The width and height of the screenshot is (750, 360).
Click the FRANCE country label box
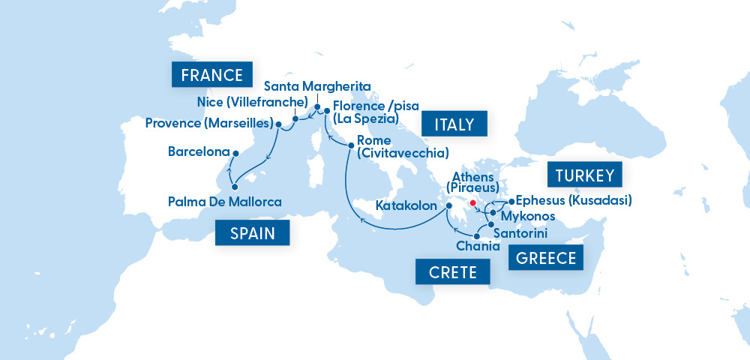tap(211, 75)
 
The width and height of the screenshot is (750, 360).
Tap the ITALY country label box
tap(454, 124)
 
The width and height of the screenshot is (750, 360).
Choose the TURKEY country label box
tap(586, 176)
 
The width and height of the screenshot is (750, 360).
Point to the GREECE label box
tap(546, 258)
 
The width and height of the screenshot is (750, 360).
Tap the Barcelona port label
tap(198, 152)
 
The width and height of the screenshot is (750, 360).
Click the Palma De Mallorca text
tap(224, 202)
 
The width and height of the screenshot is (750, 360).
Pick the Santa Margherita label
tap(317, 87)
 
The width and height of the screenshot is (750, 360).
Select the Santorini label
tap(522, 234)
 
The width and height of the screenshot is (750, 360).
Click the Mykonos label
tap(527, 217)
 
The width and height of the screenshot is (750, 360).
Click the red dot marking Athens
tap(472, 203)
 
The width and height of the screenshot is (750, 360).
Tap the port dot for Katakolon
tap(448, 205)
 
